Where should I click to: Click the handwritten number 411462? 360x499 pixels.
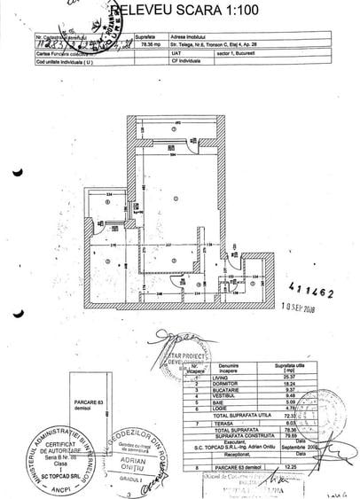[312, 288]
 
